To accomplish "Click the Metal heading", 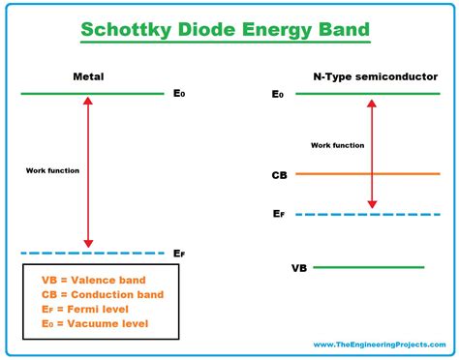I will pos(89,75).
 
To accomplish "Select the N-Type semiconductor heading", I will pos(362,75).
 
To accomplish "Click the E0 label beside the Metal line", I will pos(179,95).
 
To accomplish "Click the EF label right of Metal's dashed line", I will pos(179,254).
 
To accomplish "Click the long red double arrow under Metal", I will pos(89,172).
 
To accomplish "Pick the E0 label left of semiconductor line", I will pos(278,95).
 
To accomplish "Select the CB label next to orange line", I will pos(279,175).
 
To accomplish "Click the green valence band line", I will pos(368,267).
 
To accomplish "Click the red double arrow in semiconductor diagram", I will pos(370,153).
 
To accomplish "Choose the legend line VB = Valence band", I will pos(88,279).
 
